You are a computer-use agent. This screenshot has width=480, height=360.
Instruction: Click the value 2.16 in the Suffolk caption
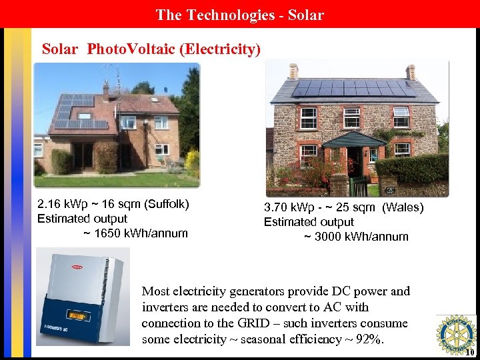point(49,204)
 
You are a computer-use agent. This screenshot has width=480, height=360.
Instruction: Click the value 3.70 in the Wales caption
point(276,207)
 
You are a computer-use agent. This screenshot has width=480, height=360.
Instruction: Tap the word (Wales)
point(401,207)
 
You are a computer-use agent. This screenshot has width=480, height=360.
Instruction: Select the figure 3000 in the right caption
point(329,237)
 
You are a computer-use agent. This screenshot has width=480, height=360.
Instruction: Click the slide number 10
point(470,353)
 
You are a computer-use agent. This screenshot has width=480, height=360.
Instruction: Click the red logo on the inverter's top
point(77,267)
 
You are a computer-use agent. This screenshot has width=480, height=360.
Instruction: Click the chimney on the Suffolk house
point(105,88)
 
